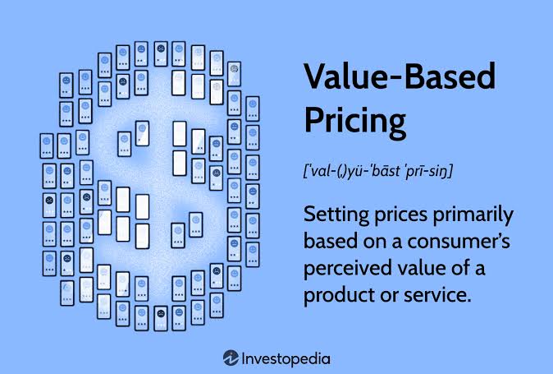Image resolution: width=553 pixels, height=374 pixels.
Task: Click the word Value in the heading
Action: pos(350,76)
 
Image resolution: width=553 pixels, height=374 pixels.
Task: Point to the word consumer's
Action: pos(459,242)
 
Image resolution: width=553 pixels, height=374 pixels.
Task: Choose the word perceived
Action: pos(347,269)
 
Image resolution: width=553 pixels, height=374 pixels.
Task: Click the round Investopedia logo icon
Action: pos(231,358)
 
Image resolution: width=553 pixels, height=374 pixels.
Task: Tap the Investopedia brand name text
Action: pos(286,359)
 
